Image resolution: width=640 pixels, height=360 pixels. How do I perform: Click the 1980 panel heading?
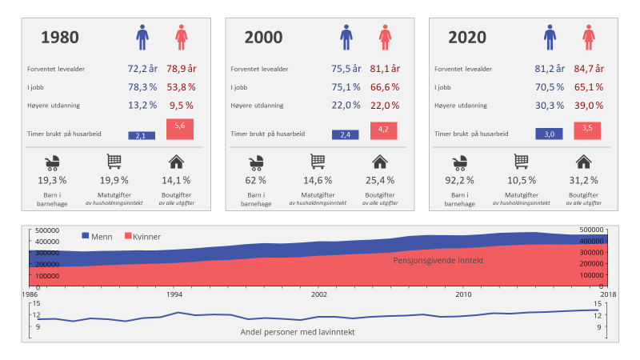pos(59,37)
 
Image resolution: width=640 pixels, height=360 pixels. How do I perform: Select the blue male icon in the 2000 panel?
pos(346,36)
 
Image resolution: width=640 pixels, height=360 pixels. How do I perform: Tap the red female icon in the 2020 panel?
pos(589,36)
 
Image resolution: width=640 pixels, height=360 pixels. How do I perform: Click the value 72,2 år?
pos(142,69)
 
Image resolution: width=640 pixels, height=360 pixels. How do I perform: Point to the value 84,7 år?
pos(589,69)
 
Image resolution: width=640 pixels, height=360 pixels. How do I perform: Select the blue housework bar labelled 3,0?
pos(550,134)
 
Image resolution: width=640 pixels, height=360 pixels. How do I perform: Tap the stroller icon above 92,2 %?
pos(460,162)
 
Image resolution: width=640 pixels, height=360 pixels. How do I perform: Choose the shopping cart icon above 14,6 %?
pos(318,162)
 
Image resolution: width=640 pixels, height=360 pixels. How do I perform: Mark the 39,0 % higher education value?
pos(589,105)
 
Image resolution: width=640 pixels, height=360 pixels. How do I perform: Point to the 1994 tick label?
pos(173,294)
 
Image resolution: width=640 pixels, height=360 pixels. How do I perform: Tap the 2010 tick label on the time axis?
pos(463,294)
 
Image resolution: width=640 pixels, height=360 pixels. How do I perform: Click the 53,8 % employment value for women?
pos(181,86)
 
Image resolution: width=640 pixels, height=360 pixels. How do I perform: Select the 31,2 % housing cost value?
pos(583,180)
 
